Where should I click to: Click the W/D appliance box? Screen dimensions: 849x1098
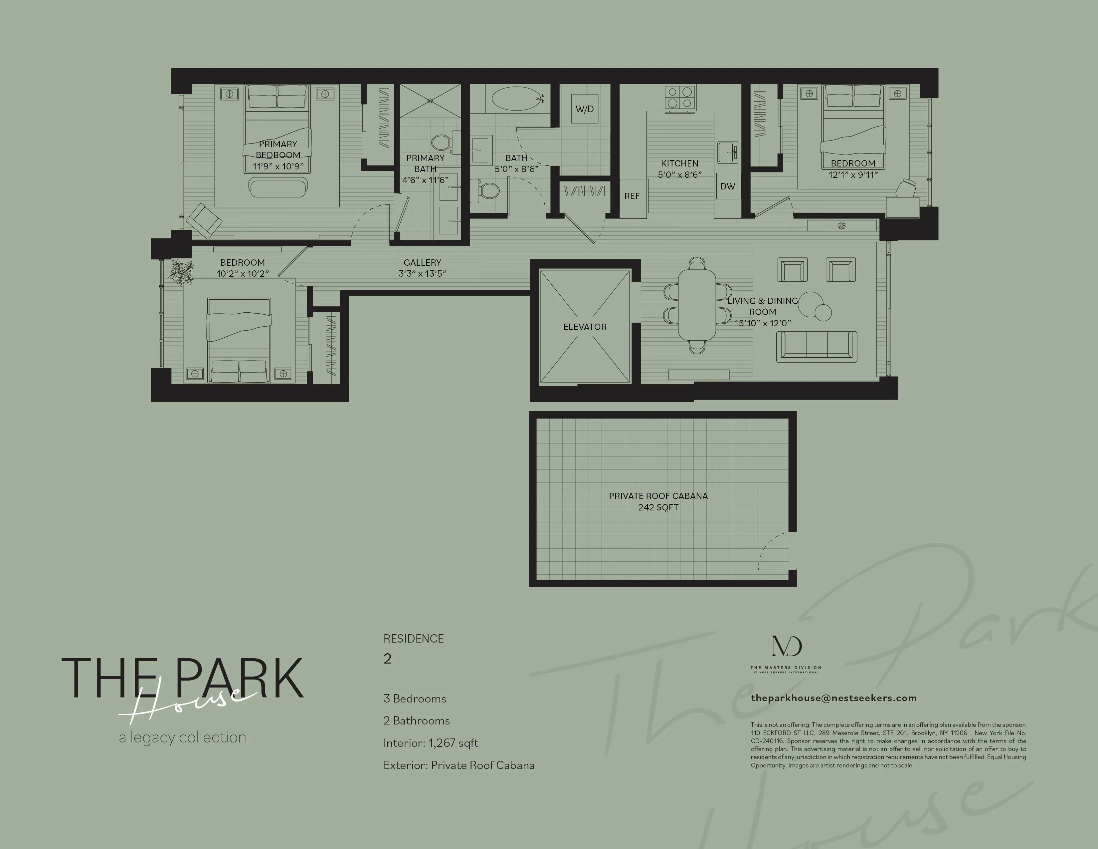[584, 109]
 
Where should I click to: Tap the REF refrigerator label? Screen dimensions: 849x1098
[632, 196]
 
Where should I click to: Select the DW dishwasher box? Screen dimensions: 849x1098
[727, 186]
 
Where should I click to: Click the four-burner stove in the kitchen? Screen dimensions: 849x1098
[680, 97]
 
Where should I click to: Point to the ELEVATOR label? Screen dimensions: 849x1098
[585, 327]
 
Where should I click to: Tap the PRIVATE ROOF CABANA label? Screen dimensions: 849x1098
[658, 496]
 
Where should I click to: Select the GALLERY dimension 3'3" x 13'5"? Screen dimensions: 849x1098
[422, 274]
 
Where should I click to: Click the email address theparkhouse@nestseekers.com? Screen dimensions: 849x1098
[833, 698]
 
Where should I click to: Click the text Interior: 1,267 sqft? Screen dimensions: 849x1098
[430, 743]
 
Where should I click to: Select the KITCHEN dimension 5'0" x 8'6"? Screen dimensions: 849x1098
[680, 174]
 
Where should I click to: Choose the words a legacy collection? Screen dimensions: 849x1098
[182, 737]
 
